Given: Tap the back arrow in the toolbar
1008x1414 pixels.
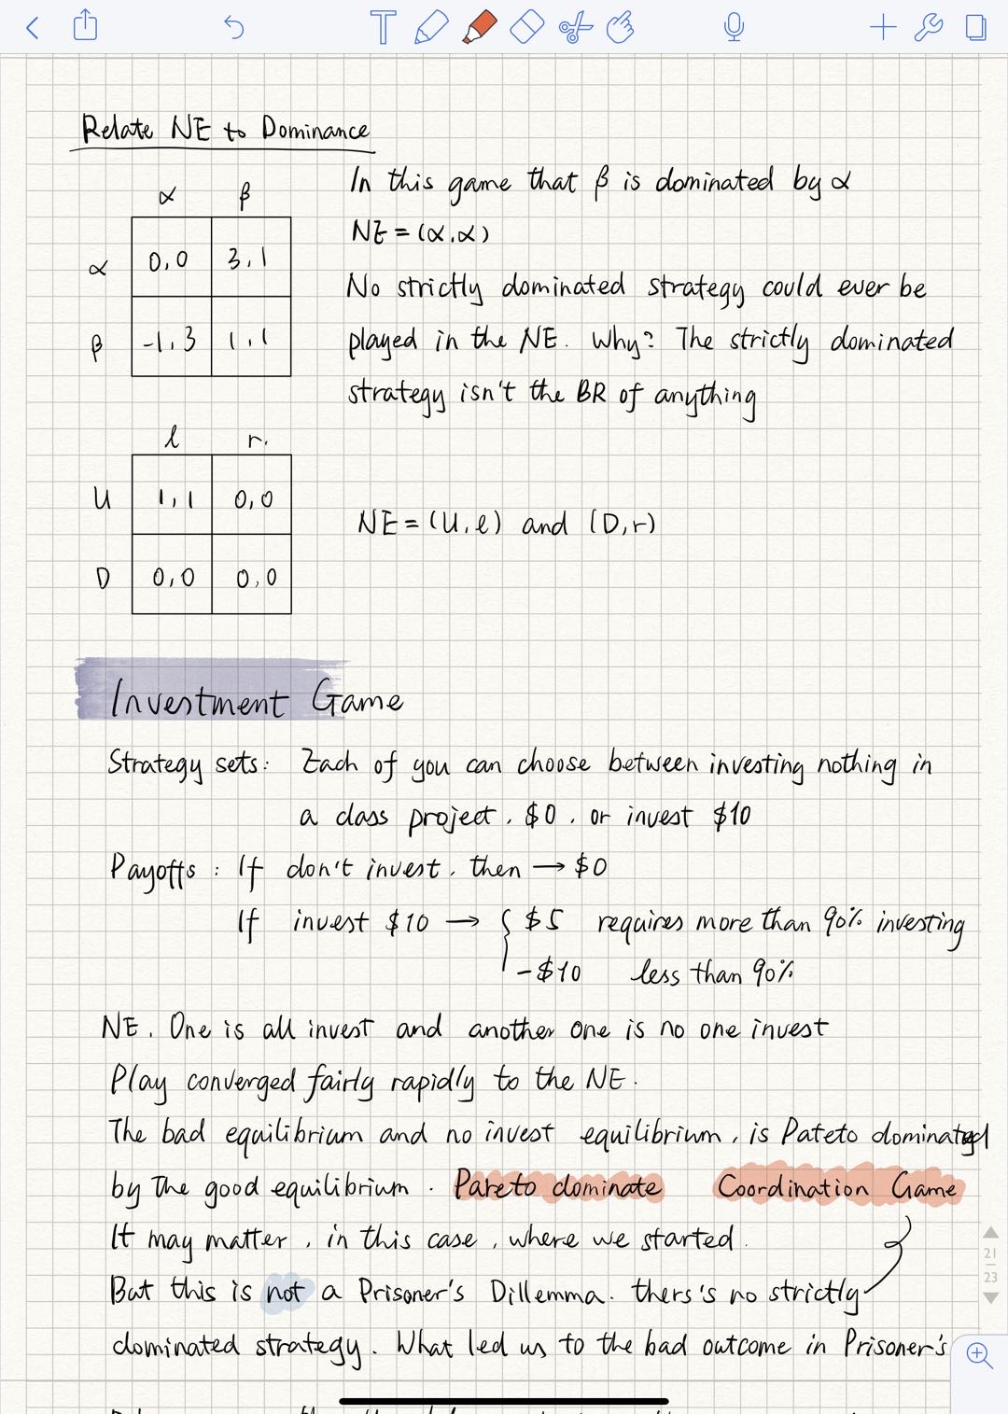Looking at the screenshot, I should [33, 27].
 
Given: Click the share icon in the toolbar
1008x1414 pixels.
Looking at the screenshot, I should [85, 25].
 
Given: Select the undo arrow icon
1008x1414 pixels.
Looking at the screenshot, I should [233, 27].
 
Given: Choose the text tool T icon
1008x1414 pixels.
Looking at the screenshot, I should [382, 27].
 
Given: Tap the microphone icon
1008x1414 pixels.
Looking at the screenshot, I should [734, 27].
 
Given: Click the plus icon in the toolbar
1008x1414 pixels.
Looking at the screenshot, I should [882, 27].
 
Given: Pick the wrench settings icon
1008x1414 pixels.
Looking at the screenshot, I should [928, 27].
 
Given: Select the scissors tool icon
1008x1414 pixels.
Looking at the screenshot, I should [575, 27].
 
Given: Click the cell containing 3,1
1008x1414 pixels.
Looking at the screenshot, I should [250, 258].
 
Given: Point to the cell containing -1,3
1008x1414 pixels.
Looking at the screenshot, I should [171, 338].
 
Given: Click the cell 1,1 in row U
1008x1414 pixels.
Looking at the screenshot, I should [173, 496].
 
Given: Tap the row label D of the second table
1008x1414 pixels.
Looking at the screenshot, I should [102, 578].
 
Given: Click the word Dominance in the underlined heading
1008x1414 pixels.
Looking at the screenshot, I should [315, 130].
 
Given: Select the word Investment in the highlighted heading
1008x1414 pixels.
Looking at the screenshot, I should [198, 700].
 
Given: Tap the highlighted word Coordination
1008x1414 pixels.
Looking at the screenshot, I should [792, 1186].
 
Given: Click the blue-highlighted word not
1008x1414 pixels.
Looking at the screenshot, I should [285, 1292].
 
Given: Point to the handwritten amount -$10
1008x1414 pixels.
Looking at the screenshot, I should [550, 973].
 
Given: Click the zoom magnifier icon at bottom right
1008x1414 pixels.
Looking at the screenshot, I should [979, 1354].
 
